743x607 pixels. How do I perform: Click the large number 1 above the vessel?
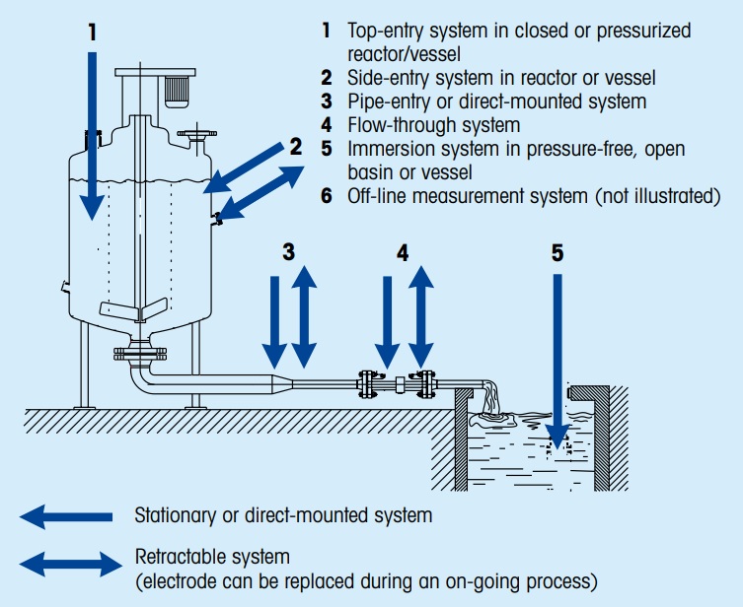coord(91,32)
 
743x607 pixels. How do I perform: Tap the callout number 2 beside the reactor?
coord(294,148)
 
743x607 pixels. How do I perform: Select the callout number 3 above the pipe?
coord(288,251)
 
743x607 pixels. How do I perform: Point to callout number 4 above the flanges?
coord(403,251)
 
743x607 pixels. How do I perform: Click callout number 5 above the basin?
coord(557,252)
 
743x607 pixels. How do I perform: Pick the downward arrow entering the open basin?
coord(557,365)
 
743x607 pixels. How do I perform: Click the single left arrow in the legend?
coord(65,515)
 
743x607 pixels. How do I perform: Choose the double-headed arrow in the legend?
coord(65,564)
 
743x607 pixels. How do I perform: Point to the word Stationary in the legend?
coord(172,514)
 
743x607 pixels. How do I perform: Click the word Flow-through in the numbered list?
coord(397,125)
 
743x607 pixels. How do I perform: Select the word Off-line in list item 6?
coord(374,196)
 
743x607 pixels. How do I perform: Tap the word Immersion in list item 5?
coord(385,149)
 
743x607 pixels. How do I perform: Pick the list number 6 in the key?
coord(327,196)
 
